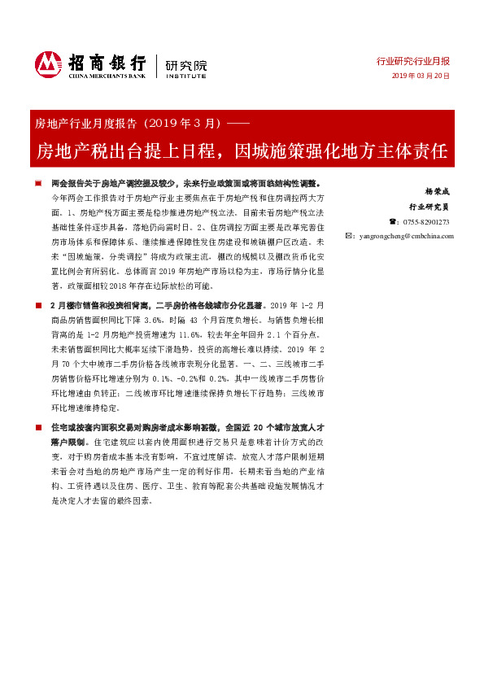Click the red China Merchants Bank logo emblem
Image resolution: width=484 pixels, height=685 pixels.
tap(48, 63)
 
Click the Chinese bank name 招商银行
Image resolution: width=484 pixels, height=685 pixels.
tap(106, 61)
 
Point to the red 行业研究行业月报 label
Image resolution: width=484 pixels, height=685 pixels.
tap(413, 61)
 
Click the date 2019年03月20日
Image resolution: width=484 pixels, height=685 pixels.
tap(420, 76)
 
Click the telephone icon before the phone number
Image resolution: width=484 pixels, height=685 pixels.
tap(395, 221)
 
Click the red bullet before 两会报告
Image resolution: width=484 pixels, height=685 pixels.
tap(40, 185)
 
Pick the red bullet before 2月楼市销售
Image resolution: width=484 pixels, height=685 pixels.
tap(40, 305)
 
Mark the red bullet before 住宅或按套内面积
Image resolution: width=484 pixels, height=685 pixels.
tap(40, 425)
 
